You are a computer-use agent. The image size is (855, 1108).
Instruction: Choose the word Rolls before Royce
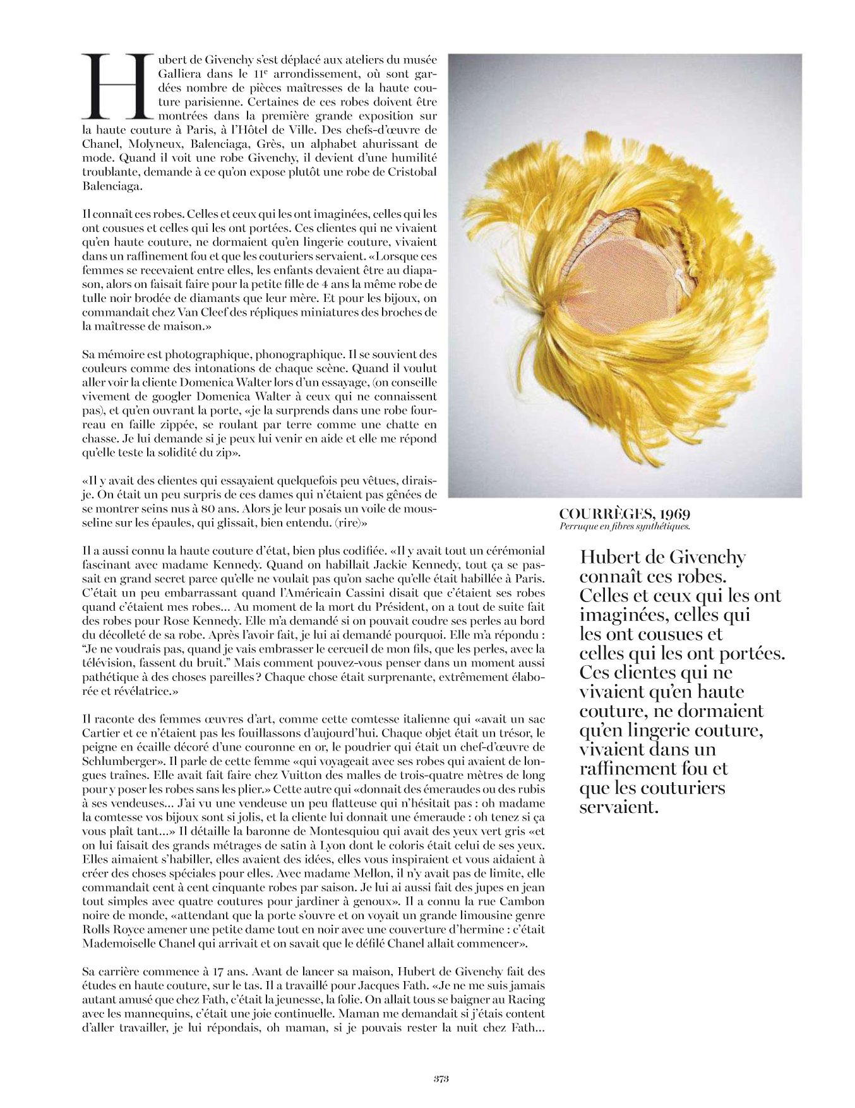(99, 929)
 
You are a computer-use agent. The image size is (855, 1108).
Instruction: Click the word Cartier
(101, 733)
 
